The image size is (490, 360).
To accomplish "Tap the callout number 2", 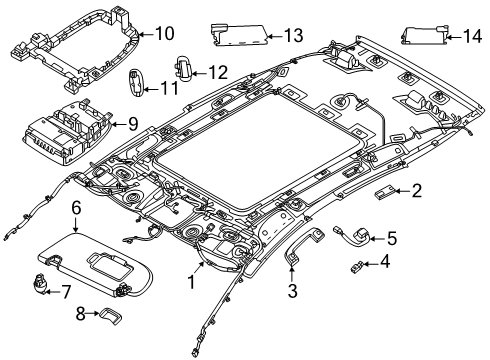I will tap(417, 189).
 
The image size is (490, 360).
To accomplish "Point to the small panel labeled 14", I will tap(424, 36).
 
